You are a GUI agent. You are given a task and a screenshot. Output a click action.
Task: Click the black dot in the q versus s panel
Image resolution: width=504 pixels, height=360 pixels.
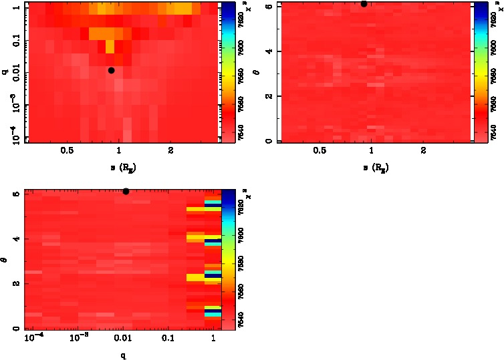pyautogui.click(x=111, y=70)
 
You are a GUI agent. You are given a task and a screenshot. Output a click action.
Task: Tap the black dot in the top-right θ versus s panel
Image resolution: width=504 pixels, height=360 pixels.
pyautogui.click(x=364, y=3)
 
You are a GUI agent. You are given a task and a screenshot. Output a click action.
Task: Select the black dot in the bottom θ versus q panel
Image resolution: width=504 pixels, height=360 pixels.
pyautogui.click(x=126, y=192)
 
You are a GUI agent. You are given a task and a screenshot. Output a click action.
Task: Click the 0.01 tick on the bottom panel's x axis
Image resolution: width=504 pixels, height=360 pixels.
pyautogui.click(x=123, y=340)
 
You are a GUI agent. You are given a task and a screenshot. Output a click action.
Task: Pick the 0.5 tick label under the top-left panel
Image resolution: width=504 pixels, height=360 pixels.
pyautogui.click(x=67, y=151)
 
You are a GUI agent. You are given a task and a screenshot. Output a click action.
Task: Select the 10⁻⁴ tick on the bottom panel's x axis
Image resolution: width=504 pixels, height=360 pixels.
pyautogui.click(x=33, y=339)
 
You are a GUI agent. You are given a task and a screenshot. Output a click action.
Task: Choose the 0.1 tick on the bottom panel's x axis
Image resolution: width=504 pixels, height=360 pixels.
pyautogui.click(x=169, y=340)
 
